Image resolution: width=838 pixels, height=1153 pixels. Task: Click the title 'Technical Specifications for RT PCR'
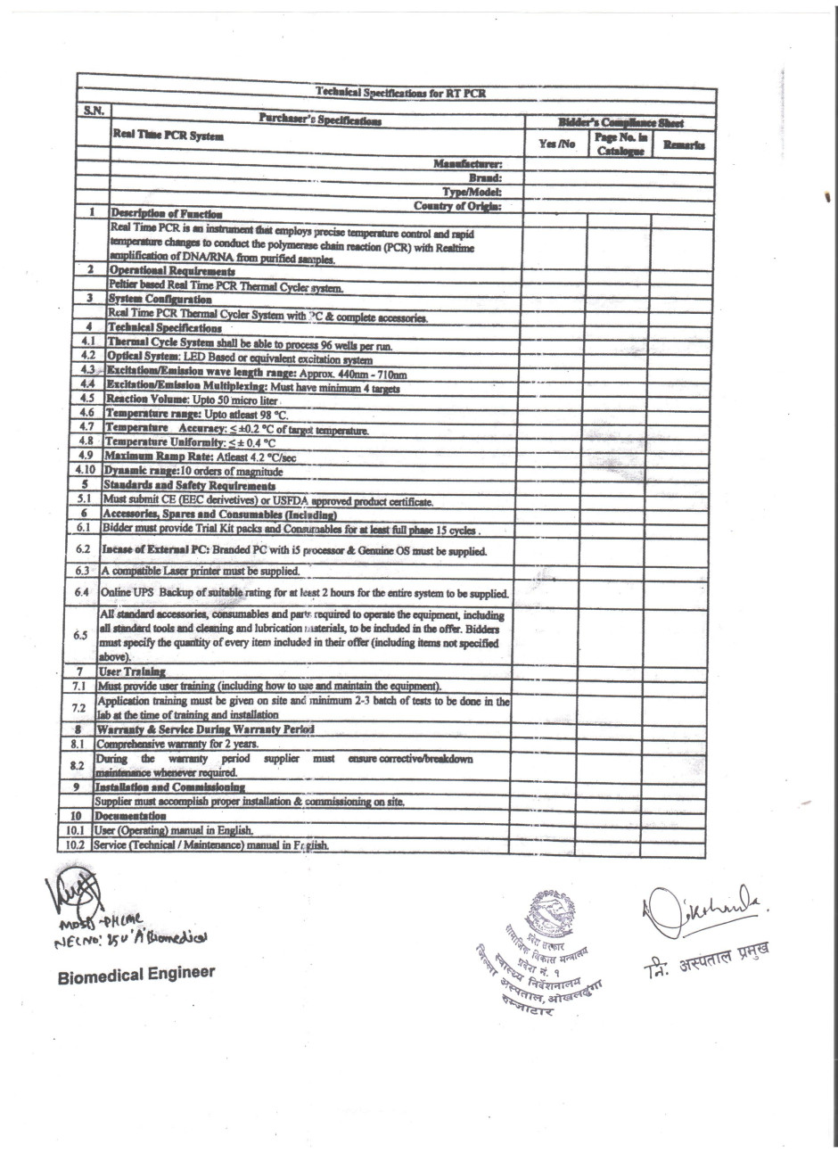pos(400,93)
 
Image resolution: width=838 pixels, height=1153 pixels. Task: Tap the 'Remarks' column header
pos(684,144)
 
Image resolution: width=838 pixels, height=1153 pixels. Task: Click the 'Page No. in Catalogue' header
pos(620,144)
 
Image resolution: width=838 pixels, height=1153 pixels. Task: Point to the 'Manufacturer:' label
pos(467,164)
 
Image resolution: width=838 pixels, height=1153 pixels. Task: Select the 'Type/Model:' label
pos(472,192)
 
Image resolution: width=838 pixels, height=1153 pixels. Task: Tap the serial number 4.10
pos(86,470)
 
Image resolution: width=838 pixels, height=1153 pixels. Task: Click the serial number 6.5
pos(81,634)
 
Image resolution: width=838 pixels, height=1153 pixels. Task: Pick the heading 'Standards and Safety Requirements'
pos(189,485)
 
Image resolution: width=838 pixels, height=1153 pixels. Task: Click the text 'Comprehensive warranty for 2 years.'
pos(177,744)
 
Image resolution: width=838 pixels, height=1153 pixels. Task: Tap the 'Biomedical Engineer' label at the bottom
pos(136,974)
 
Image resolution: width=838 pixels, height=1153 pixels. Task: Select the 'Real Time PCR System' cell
pos(168,136)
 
